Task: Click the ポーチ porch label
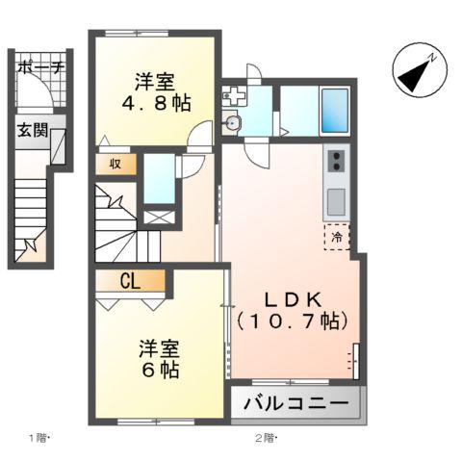pos(40,67)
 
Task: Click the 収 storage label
pos(115,164)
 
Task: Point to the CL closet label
pos(131,281)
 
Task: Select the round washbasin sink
pos(232,122)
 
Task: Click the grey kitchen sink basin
pos(337,201)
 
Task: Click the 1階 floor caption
pos(38,439)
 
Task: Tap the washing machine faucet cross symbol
pos(233,94)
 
